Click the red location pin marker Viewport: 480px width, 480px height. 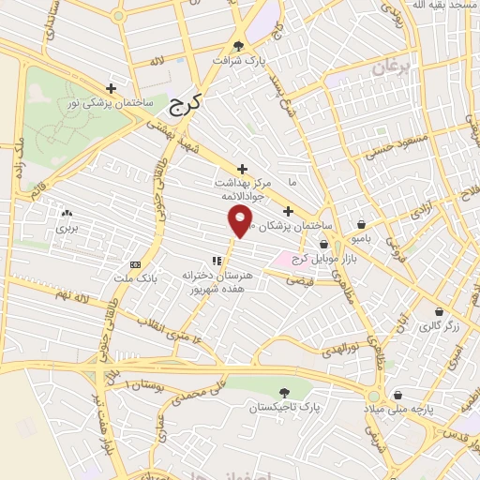(241, 221)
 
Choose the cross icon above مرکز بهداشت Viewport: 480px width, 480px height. (242, 169)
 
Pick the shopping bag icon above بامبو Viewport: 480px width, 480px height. (362, 224)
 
